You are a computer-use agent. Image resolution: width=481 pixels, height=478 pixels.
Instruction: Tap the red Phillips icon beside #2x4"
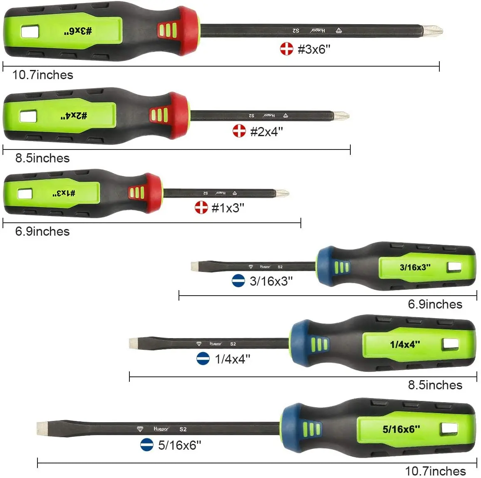(x=239, y=131)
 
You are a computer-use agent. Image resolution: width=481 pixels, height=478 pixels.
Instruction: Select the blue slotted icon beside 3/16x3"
(x=238, y=281)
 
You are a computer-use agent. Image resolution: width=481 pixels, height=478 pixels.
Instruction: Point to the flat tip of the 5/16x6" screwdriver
(x=42, y=428)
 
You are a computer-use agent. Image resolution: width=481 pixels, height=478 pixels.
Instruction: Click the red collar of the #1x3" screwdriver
(x=154, y=193)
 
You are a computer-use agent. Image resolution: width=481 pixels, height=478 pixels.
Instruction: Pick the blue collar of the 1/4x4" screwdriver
(x=299, y=344)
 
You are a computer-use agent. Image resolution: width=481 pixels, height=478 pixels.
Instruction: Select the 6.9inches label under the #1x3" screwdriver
(x=42, y=232)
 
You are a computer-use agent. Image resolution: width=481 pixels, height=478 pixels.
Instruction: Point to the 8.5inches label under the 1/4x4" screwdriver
(x=435, y=385)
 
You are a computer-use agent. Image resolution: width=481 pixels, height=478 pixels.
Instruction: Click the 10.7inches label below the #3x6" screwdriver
(x=42, y=75)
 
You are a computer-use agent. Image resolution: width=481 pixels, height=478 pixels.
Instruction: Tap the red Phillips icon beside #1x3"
(x=201, y=207)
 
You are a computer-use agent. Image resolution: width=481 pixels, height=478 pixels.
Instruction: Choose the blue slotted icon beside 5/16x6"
(x=146, y=445)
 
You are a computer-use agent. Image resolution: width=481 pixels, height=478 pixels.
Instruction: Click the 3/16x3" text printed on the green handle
(x=415, y=267)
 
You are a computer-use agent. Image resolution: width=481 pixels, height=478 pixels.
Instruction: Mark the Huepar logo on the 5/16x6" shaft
(x=161, y=429)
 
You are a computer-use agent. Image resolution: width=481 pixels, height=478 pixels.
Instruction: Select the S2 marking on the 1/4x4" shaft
(x=233, y=344)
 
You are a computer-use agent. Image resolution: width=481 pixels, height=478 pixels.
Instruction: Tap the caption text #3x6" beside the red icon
(x=314, y=49)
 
